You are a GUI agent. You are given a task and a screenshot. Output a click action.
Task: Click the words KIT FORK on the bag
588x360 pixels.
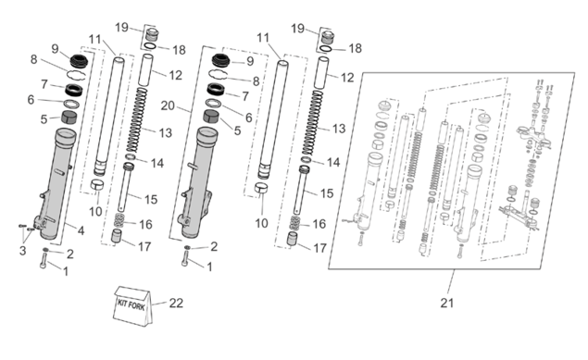click(131, 304)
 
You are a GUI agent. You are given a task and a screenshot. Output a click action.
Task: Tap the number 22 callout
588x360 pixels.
click(176, 303)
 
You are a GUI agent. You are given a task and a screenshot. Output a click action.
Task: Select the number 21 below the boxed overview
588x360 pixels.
click(446, 303)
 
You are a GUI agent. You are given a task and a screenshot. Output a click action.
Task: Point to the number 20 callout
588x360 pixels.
click(168, 106)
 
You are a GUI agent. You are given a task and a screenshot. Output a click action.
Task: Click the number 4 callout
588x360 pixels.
click(81, 230)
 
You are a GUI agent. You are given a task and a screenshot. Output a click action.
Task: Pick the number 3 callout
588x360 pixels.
click(22, 250)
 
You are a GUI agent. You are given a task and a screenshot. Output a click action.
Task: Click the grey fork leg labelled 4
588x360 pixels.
click(56, 183)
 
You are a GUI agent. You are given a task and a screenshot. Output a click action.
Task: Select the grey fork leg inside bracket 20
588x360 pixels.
click(197, 182)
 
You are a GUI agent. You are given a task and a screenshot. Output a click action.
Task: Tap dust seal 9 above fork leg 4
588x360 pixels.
click(79, 61)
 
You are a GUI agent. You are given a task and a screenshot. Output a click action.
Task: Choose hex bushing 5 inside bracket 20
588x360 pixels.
click(212, 117)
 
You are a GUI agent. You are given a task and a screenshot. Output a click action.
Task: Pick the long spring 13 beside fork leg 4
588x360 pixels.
click(136, 120)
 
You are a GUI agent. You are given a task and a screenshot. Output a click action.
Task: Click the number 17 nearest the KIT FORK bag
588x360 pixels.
click(144, 246)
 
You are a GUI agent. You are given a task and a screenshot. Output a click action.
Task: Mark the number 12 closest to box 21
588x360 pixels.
click(347, 78)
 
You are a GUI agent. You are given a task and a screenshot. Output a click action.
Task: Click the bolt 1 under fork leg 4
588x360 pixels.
click(44, 260)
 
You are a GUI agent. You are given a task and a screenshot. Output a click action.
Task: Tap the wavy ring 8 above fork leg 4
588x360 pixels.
click(76, 75)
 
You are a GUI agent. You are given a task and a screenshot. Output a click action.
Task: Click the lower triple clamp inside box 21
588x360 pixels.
click(519, 216)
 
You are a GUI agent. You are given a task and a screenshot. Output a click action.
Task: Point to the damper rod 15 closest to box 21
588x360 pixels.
click(303, 191)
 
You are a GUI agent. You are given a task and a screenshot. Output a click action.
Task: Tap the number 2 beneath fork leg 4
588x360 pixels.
click(70, 254)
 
